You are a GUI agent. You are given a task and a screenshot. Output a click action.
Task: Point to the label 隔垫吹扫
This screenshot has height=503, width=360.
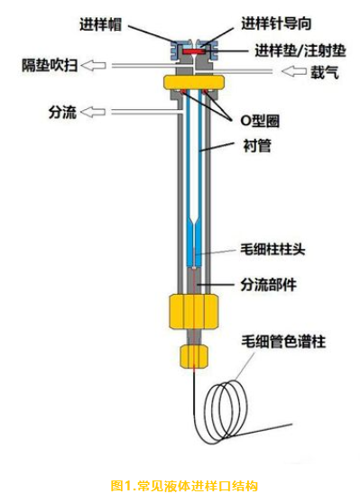(x=51, y=65)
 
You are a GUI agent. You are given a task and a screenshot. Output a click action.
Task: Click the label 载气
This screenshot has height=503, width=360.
(x=322, y=73)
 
